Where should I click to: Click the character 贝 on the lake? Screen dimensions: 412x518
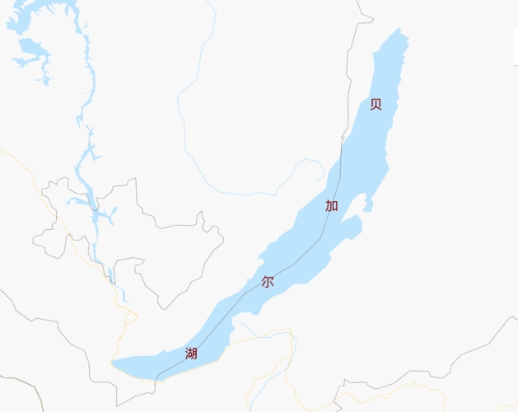tap(376, 104)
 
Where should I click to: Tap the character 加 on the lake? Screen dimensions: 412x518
tap(331, 205)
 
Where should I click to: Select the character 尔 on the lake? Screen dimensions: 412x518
tap(268, 281)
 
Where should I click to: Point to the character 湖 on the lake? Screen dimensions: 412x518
tap(191, 353)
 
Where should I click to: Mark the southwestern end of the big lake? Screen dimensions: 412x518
tap(114, 363)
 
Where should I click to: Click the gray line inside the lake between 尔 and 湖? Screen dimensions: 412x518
tap(222, 320)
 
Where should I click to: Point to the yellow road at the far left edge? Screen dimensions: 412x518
tap(16, 161)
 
